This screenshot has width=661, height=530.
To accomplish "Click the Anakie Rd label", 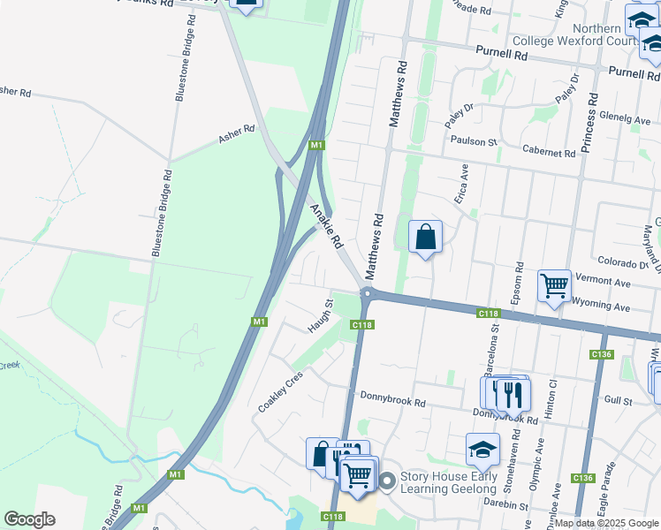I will tap(326, 225).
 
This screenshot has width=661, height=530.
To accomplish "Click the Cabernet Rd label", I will tap(549, 152).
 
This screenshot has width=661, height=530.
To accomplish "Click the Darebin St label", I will tap(505, 506).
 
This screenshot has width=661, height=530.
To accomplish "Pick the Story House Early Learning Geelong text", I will tap(448, 483).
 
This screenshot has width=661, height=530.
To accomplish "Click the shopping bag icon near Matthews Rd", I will tap(425, 237).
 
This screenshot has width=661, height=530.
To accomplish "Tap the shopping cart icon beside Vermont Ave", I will tap(554, 285).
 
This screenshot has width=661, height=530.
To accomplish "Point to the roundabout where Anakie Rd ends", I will tap(368, 294).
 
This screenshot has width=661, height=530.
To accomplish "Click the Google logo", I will tap(29, 519).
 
